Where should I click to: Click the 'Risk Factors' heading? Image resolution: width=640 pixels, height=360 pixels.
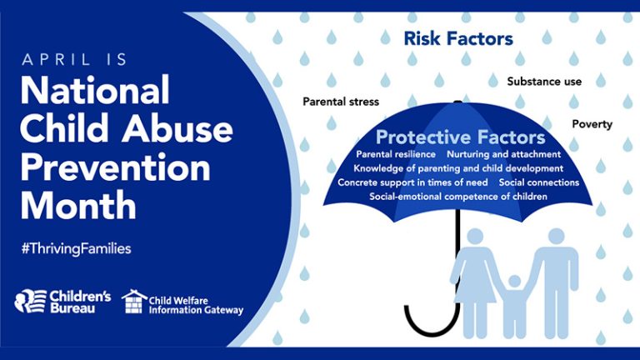pyautogui.click(x=458, y=38)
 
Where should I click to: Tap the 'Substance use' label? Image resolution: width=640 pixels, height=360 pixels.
pyautogui.click(x=544, y=82)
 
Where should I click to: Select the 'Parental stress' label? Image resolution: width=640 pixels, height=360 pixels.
pyautogui.click(x=340, y=102)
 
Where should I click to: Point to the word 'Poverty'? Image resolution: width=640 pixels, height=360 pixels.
pyautogui.click(x=592, y=124)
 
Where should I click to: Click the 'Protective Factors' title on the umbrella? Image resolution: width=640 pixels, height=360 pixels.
pyautogui.click(x=460, y=137)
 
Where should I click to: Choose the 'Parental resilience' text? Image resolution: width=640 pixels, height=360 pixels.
pyautogui.click(x=395, y=155)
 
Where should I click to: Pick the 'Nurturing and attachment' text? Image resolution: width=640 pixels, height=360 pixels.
pyautogui.click(x=503, y=155)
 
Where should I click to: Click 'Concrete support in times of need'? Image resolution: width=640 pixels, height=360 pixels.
pyautogui.click(x=412, y=182)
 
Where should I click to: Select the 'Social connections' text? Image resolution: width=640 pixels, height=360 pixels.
pyautogui.click(x=538, y=182)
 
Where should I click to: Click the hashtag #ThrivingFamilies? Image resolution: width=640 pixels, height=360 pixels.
pyautogui.click(x=76, y=249)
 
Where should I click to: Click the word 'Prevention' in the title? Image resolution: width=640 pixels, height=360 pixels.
pyautogui.click(x=115, y=168)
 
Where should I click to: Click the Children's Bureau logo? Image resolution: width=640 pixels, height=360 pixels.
pyautogui.click(x=62, y=302)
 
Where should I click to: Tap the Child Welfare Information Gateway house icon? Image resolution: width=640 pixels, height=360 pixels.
pyautogui.click(x=134, y=302)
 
